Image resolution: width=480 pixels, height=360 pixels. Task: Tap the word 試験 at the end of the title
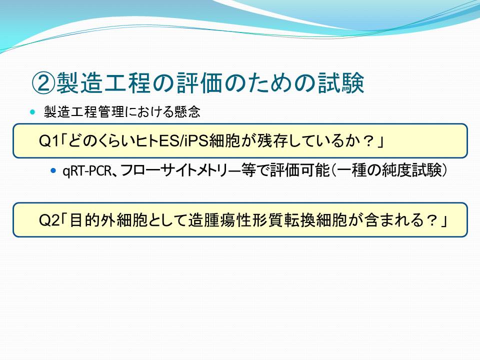pos(340,83)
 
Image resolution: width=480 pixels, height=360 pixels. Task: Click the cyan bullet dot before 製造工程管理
pos(33,112)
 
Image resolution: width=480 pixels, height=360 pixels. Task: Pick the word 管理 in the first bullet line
pos(110,111)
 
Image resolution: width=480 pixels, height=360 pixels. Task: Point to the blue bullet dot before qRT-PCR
pos(54,170)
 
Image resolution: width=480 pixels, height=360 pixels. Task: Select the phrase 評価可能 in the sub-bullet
pos(299,170)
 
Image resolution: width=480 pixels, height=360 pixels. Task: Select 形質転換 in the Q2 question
pos(284,220)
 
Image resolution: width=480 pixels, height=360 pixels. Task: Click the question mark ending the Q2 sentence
pos(431,220)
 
